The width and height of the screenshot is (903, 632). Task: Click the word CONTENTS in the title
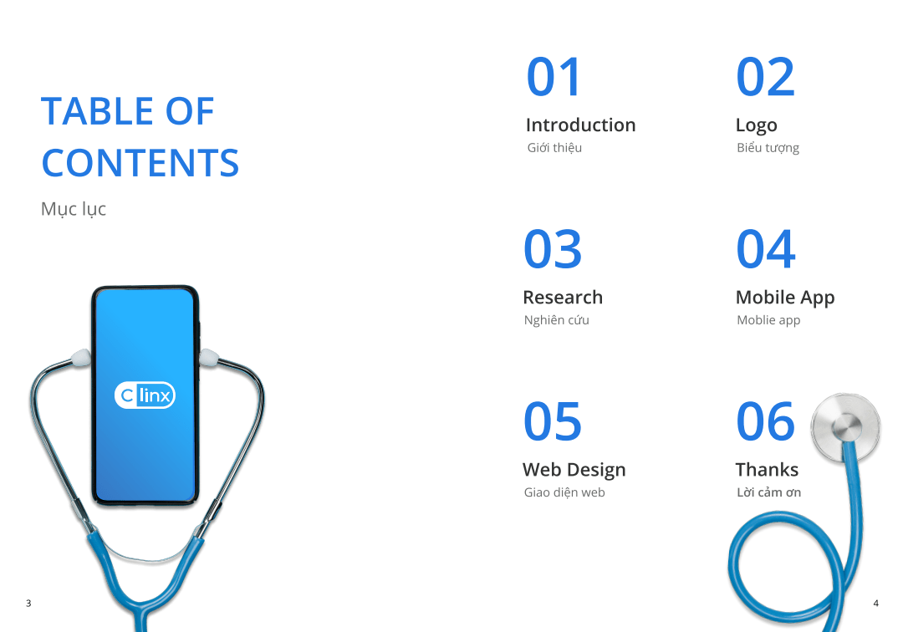coord(140,163)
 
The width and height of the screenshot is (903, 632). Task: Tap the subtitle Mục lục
coord(73,210)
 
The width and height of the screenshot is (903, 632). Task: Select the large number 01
coord(554,77)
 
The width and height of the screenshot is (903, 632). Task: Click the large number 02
coord(765,77)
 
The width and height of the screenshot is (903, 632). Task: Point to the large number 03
coord(553,249)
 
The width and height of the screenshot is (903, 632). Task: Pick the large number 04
coord(766,249)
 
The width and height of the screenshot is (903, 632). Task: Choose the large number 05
coord(553,421)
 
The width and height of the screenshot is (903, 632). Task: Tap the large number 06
coord(766,421)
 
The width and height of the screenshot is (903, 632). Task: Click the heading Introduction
coord(580,125)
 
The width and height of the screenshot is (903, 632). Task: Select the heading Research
coord(563,297)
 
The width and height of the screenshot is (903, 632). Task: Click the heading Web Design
coord(574,471)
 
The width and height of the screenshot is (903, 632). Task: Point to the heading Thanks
coord(767,470)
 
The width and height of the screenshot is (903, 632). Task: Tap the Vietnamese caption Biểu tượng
coord(768,148)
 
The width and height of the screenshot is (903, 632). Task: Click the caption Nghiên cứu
coord(556,320)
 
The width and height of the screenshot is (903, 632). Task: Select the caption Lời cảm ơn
coord(769,492)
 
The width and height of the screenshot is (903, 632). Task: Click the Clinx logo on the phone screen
coord(145,395)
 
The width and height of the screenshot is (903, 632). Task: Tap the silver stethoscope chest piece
coord(845,427)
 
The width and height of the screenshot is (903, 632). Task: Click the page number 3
coord(28,604)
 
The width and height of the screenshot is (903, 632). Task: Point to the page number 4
coord(876,604)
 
